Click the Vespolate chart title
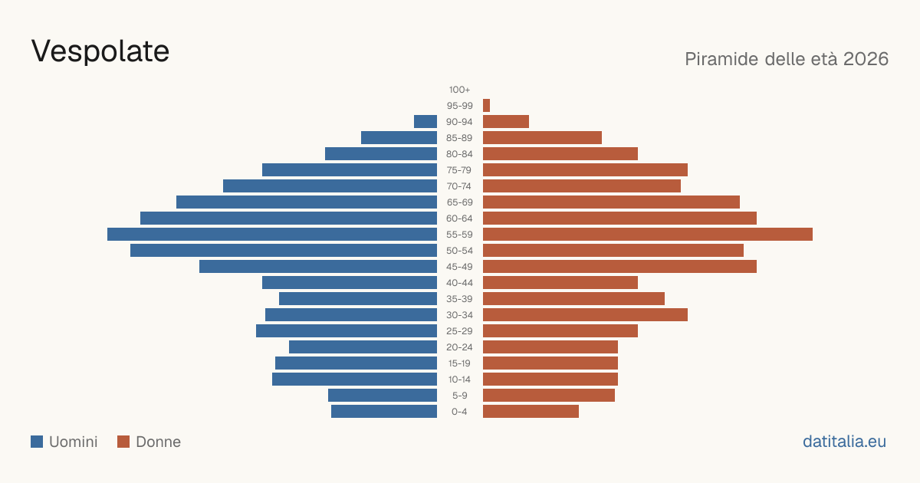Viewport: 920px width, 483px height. click(100, 51)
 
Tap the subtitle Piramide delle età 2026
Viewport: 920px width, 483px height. click(787, 59)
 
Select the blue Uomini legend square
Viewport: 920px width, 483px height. click(37, 442)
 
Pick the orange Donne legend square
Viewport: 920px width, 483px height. click(123, 442)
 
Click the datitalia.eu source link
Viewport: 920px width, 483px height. click(844, 442)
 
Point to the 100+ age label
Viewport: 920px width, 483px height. click(459, 90)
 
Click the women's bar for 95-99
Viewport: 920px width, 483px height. click(486, 106)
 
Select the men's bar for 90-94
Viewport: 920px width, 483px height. click(426, 122)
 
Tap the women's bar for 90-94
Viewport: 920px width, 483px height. click(506, 122)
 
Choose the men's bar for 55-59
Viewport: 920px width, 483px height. click(272, 234)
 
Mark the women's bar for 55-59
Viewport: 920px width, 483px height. click(648, 234)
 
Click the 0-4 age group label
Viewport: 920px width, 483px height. click(459, 412)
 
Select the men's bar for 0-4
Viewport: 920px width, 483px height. click(384, 412)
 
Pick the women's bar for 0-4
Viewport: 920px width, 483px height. click(531, 412)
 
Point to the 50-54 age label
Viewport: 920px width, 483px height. click(459, 251)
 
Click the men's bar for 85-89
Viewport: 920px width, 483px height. click(399, 137)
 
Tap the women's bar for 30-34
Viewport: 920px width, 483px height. click(585, 314)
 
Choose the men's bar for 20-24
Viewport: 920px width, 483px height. click(363, 347)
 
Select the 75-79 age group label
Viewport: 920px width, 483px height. click(459, 170)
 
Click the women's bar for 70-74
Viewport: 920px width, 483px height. click(582, 186)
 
